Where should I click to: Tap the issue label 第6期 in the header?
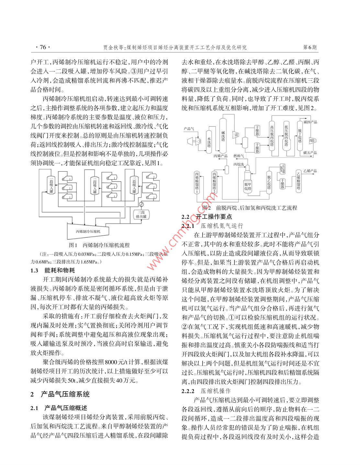[310, 48]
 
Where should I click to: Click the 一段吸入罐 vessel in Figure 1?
[51, 186]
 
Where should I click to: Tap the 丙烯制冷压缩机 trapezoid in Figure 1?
[88, 231]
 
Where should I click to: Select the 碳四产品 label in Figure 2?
[310, 122]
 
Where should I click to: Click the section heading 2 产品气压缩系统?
[60, 394]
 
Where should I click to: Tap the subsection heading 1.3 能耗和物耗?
[53, 270]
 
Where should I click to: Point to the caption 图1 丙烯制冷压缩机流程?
[99, 245]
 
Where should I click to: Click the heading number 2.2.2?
[188, 391]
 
